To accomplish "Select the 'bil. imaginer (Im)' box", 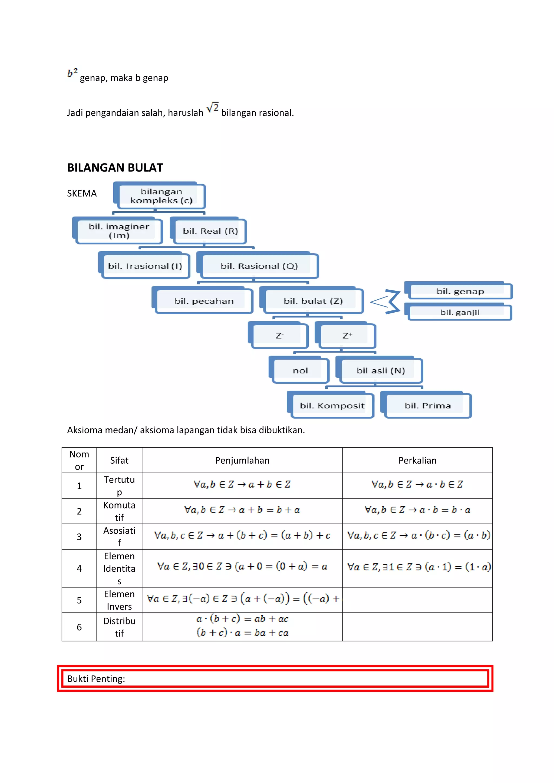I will pyautogui.click(x=118, y=231).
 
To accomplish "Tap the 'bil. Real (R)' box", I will pyautogui.click(x=210, y=231).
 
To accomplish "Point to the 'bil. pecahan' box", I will pyautogui.click(x=204, y=301).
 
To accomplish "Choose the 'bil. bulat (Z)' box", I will pyautogui.click(x=313, y=301).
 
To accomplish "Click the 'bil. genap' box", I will pyautogui.click(x=460, y=291).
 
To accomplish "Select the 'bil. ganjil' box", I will pyautogui.click(x=460, y=312).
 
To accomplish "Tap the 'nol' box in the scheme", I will pyautogui.click(x=300, y=370).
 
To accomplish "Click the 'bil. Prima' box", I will pyautogui.click(x=427, y=406).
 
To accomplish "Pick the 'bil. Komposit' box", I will pyautogui.click(x=332, y=406).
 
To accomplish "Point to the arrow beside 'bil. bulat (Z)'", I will pyautogui.click(x=386, y=302).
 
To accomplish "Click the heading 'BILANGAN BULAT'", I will pyautogui.click(x=115, y=168).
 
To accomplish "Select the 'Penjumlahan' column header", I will pyautogui.click(x=242, y=460).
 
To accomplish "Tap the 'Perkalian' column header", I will pyautogui.click(x=417, y=460).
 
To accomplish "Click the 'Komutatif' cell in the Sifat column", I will pyautogui.click(x=119, y=511).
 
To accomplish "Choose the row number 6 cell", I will pyautogui.click(x=79, y=627).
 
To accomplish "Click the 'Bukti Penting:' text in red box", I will pyautogui.click(x=96, y=679).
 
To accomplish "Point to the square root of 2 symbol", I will pyautogui.click(x=212, y=108).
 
